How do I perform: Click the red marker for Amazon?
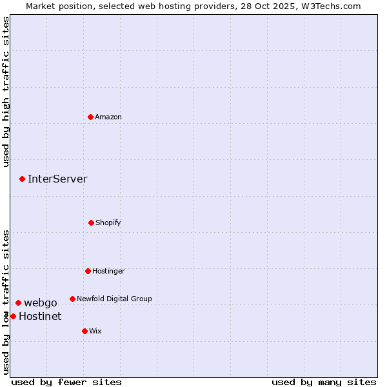(90, 117)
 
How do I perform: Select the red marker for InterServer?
(22, 179)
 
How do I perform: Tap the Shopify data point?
(91, 223)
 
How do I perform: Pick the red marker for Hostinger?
(88, 271)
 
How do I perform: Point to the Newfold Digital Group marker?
(72, 299)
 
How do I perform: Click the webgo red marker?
(18, 303)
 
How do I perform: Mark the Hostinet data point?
(13, 316)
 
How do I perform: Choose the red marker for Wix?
(84, 331)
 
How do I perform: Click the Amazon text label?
(108, 117)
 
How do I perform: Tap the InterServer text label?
(57, 179)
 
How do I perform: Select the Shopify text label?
(108, 223)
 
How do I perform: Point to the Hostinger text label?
(108, 271)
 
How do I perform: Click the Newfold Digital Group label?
(114, 299)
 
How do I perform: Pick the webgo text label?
(41, 303)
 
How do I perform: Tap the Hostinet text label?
(40, 316)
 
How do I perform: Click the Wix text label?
(95, 331)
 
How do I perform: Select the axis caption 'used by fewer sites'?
(66, 382)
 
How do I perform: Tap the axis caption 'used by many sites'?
(324, 382)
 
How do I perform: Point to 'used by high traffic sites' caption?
(6, 92)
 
